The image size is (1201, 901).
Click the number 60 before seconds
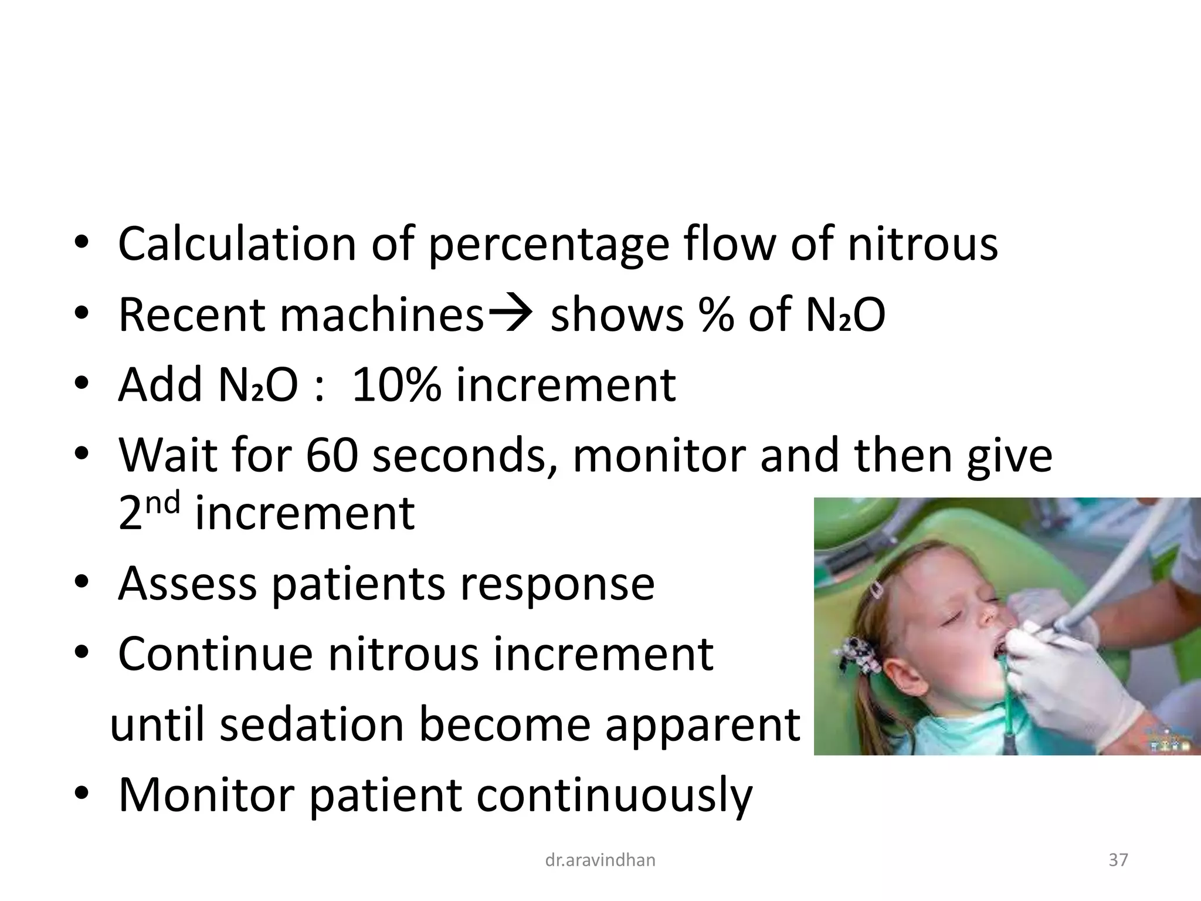pyautogui.click(x=331, y=455)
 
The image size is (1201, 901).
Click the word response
pyautogui.click(x=557, y=584)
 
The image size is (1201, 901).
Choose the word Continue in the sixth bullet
pyautogui.click(x=215, y=653)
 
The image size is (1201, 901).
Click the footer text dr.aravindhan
pyautogui.click(x=600, y=861)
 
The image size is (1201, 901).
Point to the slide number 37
pyautogui.click(x=1118, y=861)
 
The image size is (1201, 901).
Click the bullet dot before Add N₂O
pyautogui.click(x=82, y=385)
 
